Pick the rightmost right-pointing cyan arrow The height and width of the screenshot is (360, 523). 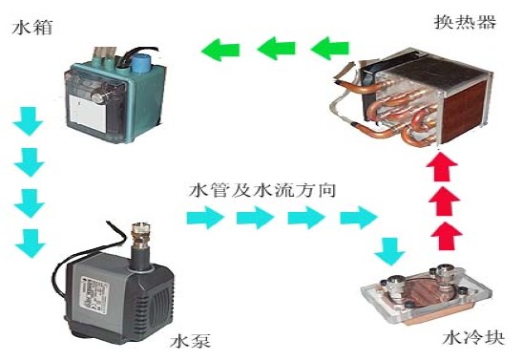tap(358, 218)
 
